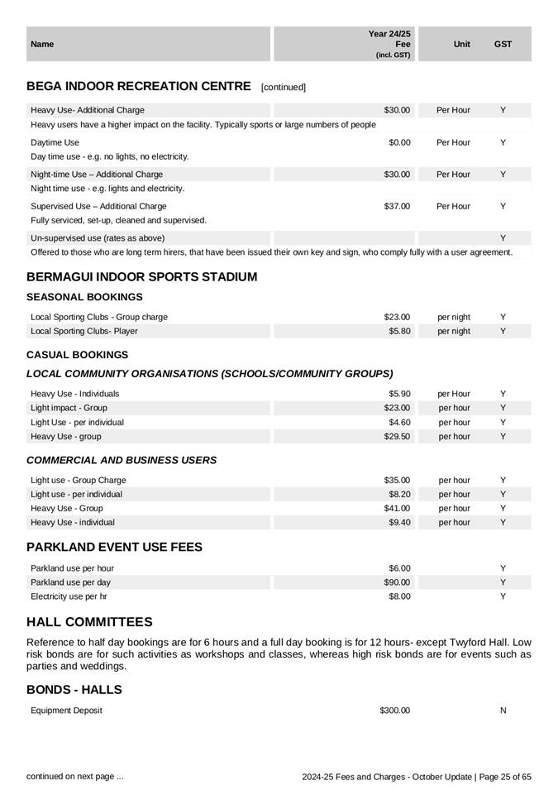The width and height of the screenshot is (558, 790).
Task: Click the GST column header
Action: (503, 44)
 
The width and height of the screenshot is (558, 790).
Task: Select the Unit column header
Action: (462, 44)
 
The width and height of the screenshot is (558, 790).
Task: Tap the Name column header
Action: (42, 44)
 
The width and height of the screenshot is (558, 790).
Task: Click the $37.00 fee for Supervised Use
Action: (397, 206)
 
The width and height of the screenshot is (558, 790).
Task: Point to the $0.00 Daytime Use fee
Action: (399, 142)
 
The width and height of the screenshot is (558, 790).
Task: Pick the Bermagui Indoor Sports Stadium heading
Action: (141, 277)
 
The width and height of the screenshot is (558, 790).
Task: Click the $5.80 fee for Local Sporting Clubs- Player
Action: (399, 331)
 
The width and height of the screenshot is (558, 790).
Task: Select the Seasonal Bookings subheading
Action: (84, 297)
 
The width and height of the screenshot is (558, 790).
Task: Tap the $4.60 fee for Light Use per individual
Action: (399, 422)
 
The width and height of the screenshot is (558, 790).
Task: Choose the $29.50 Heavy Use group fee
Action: (397, 436)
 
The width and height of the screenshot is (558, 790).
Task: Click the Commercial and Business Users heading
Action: (122, 460)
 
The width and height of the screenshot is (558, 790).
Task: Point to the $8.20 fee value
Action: (399, 494)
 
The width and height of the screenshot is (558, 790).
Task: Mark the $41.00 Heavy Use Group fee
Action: (397, 508)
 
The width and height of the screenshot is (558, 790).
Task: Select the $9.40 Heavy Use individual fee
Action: (399, 522)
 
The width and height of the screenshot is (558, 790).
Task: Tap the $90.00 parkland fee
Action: (397, 582)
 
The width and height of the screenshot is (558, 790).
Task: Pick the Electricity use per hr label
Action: (69, 596)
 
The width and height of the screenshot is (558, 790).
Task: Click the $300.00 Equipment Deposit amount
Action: (394, 711)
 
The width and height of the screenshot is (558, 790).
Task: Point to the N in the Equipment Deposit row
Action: (503, 711)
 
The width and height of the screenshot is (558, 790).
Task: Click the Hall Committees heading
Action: (89, 622)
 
